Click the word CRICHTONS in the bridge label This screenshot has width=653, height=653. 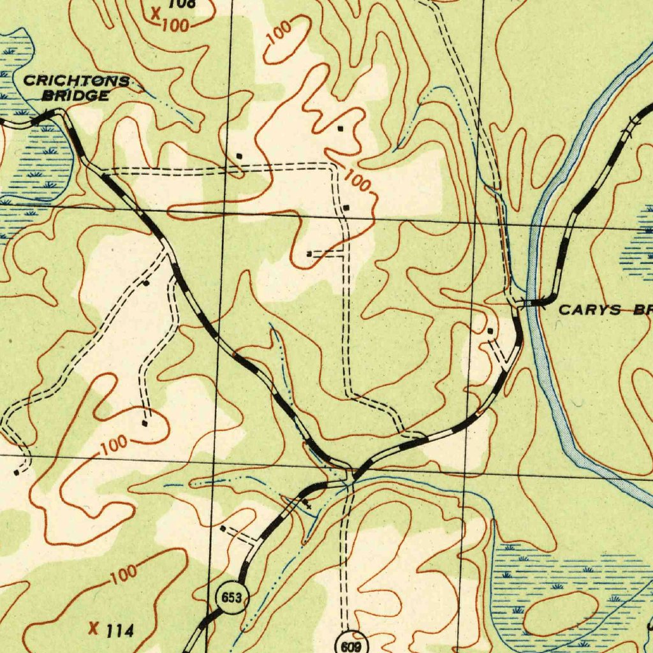[77, 81]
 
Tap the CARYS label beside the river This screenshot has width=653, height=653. [581, 310]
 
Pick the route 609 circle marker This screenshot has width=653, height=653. [349, 645]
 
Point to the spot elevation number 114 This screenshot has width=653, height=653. [120, 631]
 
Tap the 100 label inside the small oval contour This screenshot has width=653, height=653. [279, 32]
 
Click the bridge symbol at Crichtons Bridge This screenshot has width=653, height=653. [42, 117]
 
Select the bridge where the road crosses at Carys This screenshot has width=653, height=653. [529, 304]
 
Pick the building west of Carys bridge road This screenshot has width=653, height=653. [490, 331]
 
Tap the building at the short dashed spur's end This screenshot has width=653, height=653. [309, 254]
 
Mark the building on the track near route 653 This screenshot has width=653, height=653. [223, 529]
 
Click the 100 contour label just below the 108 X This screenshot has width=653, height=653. [175, 27]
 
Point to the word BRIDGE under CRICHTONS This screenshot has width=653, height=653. [75, 96]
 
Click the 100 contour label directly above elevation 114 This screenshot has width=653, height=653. [122, 574]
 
